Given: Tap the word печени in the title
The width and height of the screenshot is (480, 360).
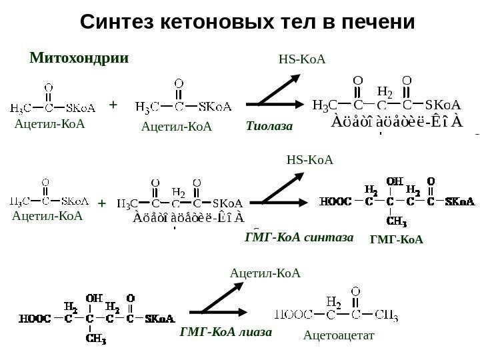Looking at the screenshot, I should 376,23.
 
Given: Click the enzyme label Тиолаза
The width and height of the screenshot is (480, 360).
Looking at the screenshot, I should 269,125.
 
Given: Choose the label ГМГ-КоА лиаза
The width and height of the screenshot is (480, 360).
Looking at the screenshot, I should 226,331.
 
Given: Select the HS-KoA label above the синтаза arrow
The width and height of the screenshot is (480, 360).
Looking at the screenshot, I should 309,160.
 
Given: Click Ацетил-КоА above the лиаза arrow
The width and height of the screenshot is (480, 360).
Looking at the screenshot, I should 265,273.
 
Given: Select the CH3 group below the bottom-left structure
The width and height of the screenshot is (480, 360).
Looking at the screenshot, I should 96,337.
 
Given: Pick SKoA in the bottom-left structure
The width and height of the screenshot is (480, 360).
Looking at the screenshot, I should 160,318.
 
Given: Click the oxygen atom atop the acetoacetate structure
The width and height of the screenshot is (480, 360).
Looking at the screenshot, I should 356,291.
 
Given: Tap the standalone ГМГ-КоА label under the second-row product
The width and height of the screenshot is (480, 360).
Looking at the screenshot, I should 397,238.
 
